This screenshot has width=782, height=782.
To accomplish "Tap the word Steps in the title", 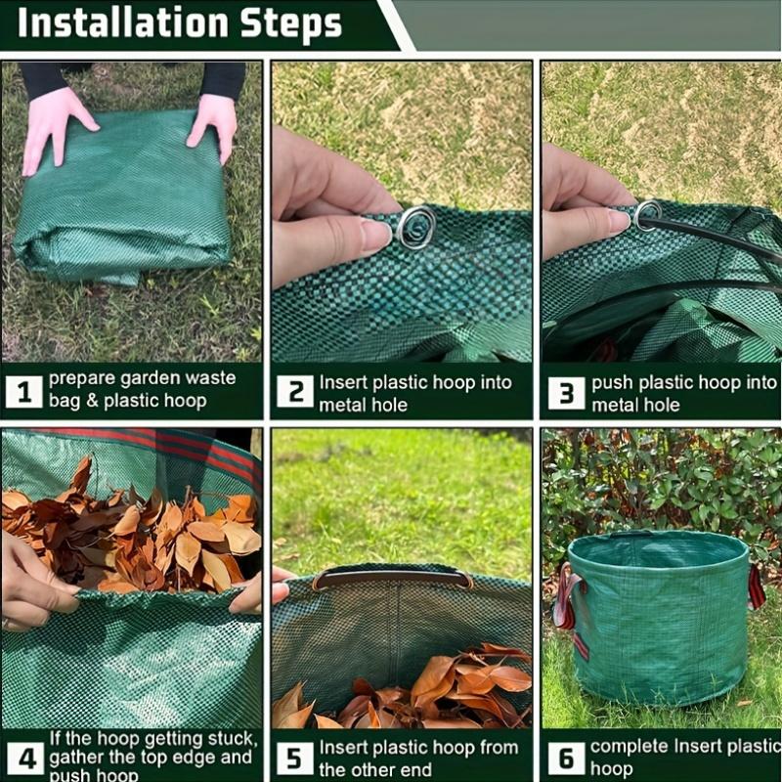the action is (x=291, y=24).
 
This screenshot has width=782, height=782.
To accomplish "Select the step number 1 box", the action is (x=23, y=392).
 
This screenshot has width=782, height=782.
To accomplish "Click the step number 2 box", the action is (x=295, y=391).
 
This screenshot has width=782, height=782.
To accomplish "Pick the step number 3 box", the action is (x=566, y=393).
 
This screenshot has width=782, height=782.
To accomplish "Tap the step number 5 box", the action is (x=295, y=759).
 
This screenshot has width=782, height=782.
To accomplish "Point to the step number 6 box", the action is (x=566, y=759).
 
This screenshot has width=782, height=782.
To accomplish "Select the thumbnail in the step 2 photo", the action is (x=376, y=235).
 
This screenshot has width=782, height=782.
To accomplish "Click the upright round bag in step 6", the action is (x=658, y=619).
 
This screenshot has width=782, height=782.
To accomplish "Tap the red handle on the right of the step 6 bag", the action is (x=756, y=587).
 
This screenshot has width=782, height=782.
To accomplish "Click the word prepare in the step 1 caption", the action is (x=81, y=378).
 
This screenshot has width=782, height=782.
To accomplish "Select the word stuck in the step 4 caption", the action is (x=233, y=739).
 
